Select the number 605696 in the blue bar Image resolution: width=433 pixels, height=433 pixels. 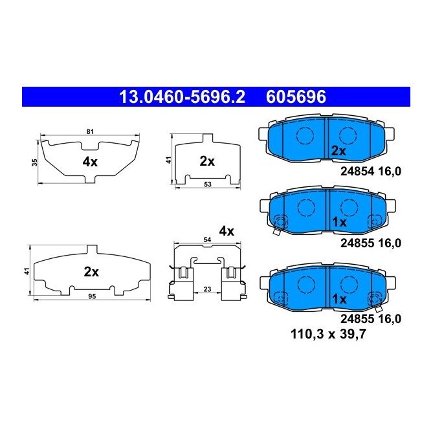pyautogui.click(x=296, y=97)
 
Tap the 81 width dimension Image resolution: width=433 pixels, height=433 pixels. pyautogui.click(x=90, y=132)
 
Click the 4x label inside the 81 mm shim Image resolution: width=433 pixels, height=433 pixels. pyautogui.click(x=90, y=162)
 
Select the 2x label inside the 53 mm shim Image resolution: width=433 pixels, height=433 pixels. pyautogui.click(x=206, y=161)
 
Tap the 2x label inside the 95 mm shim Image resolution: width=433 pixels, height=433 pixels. pyautogui.click(x=91, y=272)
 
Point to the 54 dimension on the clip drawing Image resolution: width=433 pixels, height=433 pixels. pyautogui.click(x=208, y=240)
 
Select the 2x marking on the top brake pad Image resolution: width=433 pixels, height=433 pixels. pyautogui.click(x=339, y=150)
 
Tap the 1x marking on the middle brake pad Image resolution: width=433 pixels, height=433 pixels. pyautogui.click(x=339, y=221)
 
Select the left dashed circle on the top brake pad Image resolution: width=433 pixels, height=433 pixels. pyautogui.click(x=304, y=135)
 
